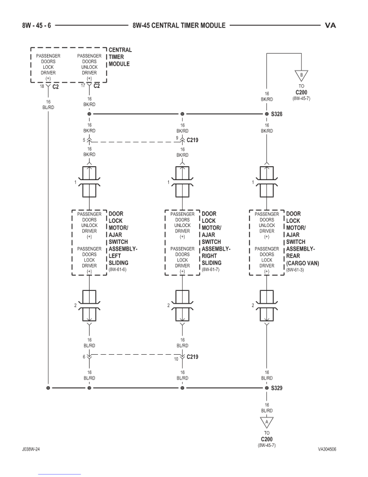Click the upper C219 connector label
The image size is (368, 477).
192,140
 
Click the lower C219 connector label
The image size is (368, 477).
192,357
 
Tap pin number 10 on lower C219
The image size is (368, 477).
176,358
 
